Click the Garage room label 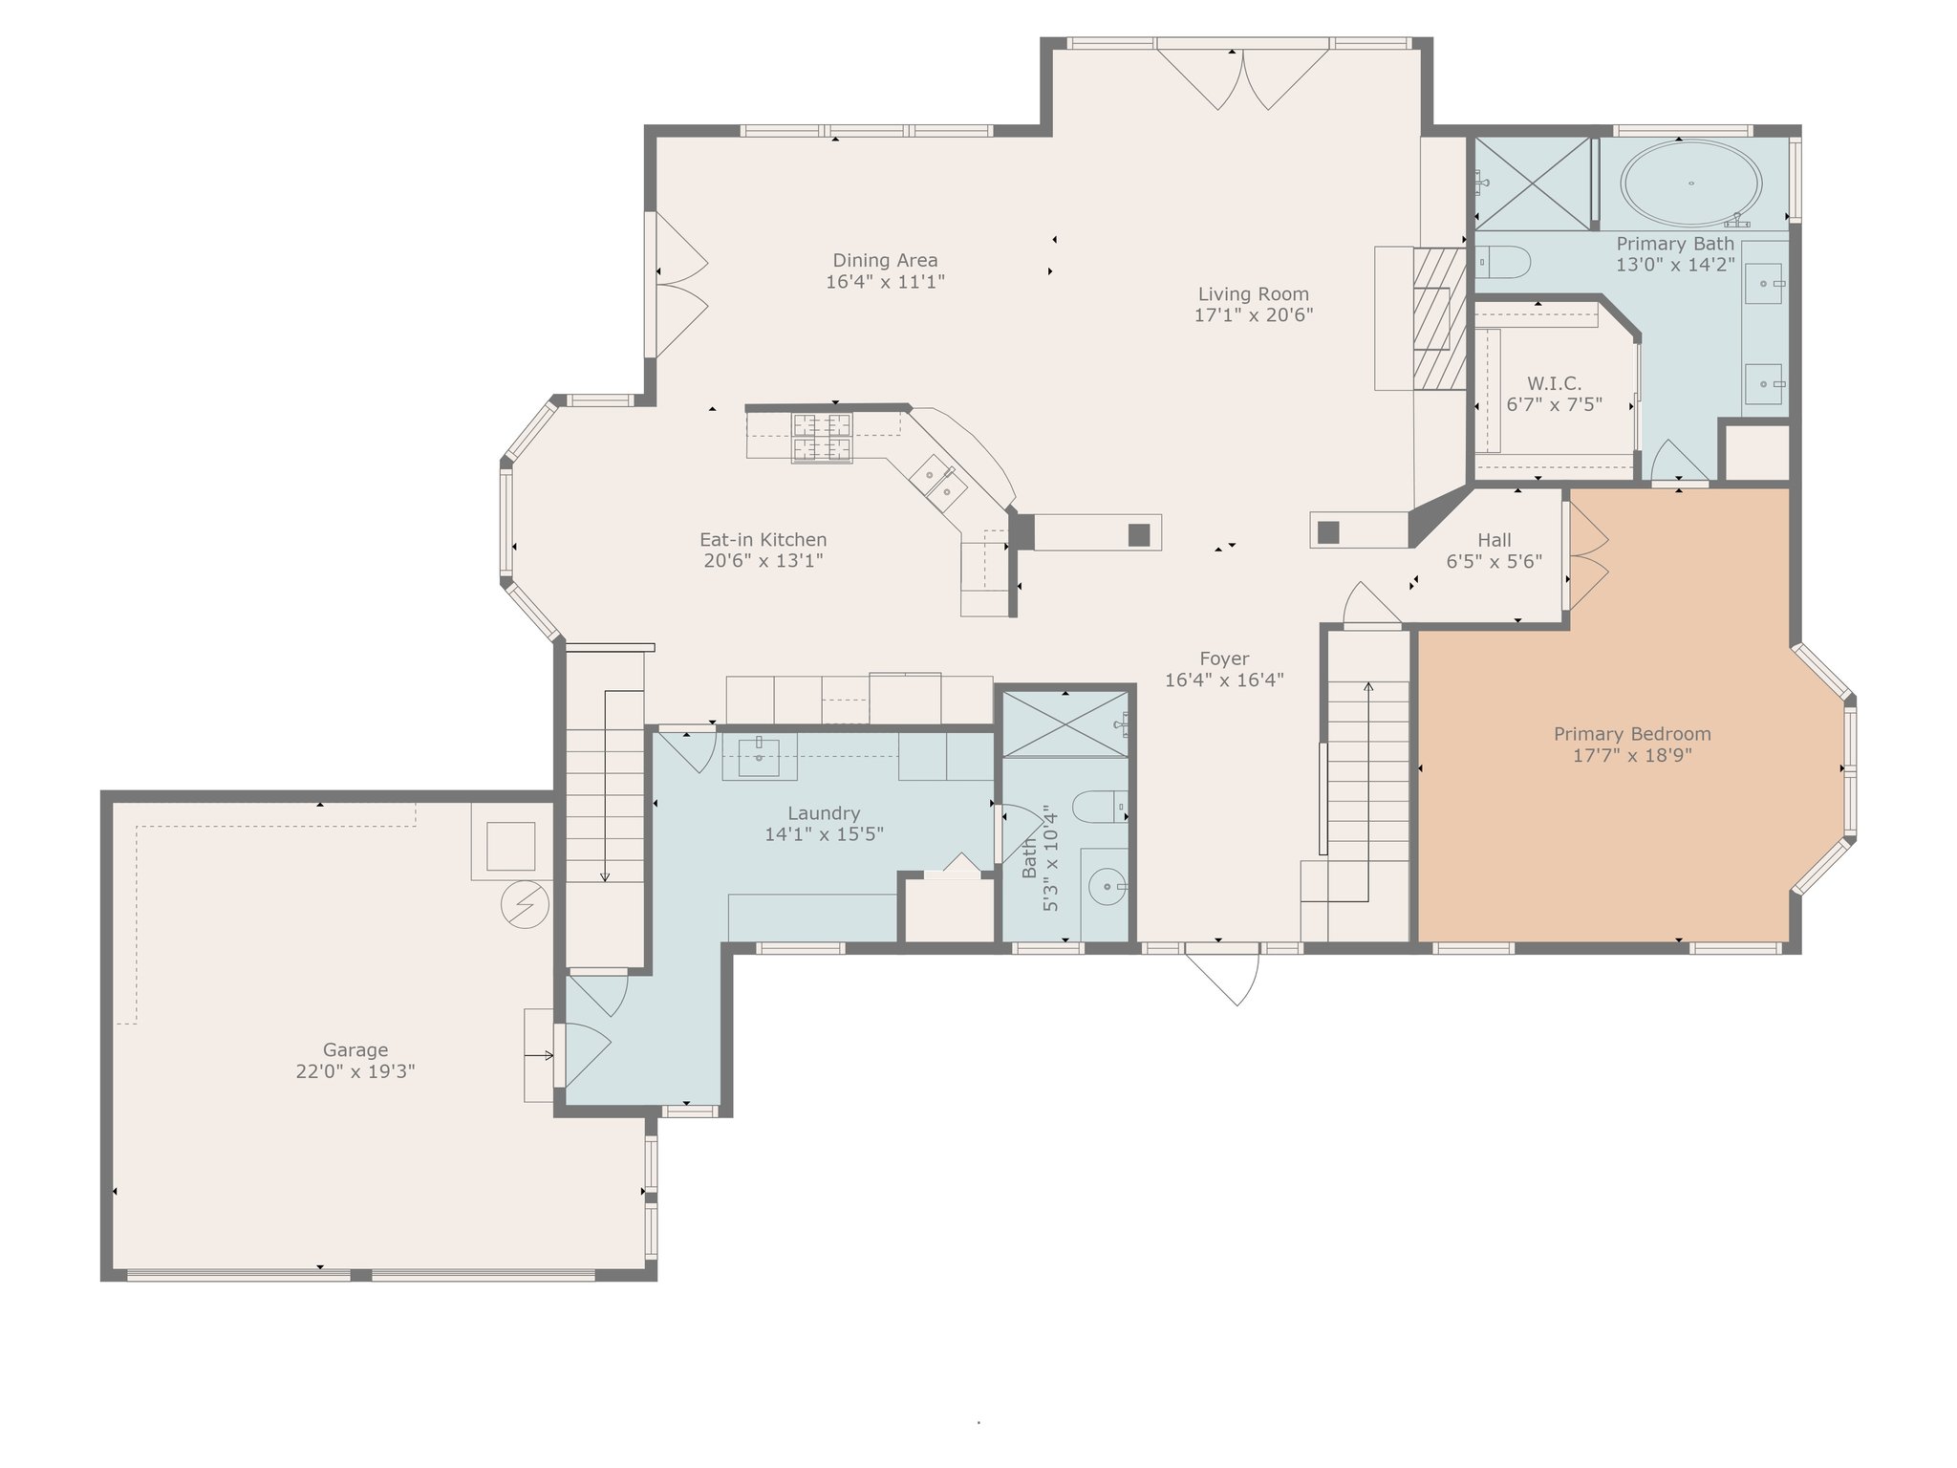(x=355, y=1049)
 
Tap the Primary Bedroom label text (x=1632, y=734)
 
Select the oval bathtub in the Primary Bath (x=1691, y=183)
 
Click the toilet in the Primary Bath (x=1504, y=261)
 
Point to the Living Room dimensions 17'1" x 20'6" (x=1254, y=315)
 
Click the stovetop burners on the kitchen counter (x=821, y=438)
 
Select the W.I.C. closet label (x=1554, y=383)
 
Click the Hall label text (x=1495, y=540)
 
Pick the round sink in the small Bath (x=1107, y=887)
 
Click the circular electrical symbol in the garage (x=525, y=904)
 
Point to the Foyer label (x=1224, y=658)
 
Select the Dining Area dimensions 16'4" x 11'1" (x=886, y=282)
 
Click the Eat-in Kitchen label (x=763, y=540)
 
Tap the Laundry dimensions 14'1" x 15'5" (x=824, y=834)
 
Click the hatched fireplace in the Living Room (x=1439, y=318)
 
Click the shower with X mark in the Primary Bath (x=1533, y=183)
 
